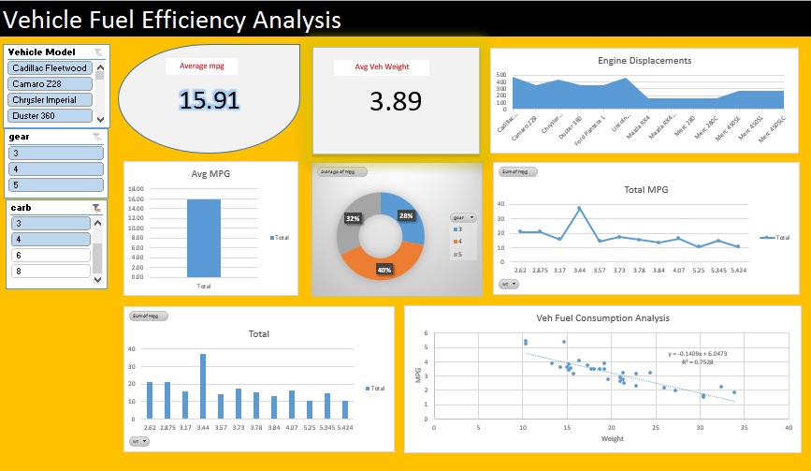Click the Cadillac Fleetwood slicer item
tap(50, 68)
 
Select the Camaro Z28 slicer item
tap(50, 84)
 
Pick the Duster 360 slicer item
tap(50, 116)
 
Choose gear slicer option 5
tap(56, 184)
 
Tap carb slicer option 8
tap(50, 272)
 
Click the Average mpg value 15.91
tap(209, 100)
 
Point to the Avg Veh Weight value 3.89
tap(395, 102)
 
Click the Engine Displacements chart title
tap(644, 61)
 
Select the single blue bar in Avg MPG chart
tap(203, 238)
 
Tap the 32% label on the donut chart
tap(353, 218)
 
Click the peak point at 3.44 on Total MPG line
tap(579, 208)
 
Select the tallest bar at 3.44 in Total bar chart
tap(203, 386)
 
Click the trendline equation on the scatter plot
tap(698, 354)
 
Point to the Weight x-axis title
tap(612, 437)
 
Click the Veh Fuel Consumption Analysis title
tap(602, 317)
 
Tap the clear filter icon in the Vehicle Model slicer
tap(98, 52)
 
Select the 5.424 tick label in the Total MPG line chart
tap(737, 271)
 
